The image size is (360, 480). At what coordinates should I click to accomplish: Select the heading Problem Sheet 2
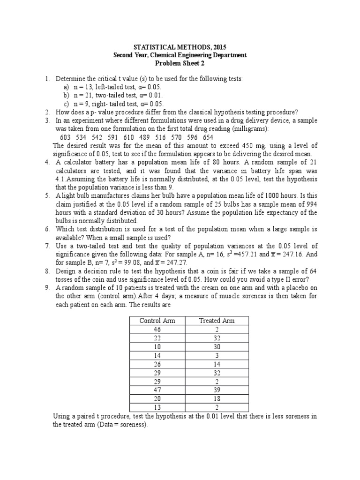(180, 63)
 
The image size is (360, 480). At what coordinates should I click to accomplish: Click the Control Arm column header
(157, 321)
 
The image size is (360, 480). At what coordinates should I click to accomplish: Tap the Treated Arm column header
(217, 321)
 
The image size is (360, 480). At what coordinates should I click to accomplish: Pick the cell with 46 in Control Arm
(157, 330)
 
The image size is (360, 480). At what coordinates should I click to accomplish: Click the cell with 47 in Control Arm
(157, 390)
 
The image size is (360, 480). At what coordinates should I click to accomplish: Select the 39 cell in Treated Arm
(217, 390)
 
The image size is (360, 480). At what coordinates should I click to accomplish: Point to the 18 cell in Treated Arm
(217, 399)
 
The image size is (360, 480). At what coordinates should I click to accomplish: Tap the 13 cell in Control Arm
(157, 408)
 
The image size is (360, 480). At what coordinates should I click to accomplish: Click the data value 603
(66, 137)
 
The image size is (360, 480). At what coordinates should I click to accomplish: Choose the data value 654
(207, 137)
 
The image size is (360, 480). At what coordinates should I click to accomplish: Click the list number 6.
(47, 229)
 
